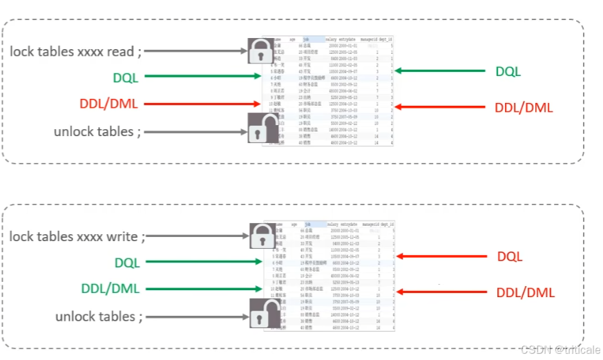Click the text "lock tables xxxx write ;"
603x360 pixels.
(77, 236)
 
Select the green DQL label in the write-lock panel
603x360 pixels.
(126, 262)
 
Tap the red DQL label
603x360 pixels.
(510, 256)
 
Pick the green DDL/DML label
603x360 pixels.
(111, 288)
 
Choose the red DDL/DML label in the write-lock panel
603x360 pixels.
(525, 293)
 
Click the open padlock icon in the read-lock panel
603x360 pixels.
(260, 128)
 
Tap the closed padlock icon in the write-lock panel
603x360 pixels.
(260, 235)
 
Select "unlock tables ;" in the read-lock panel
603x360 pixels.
(97, 131)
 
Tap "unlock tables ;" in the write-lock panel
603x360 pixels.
(99, 316)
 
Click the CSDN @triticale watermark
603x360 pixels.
(558, 350)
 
